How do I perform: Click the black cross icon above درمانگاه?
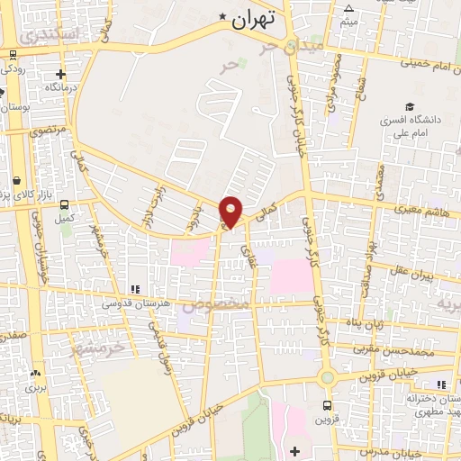click(60, 75)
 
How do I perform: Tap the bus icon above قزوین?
click(326, 405)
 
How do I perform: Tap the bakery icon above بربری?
click(34, 374)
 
